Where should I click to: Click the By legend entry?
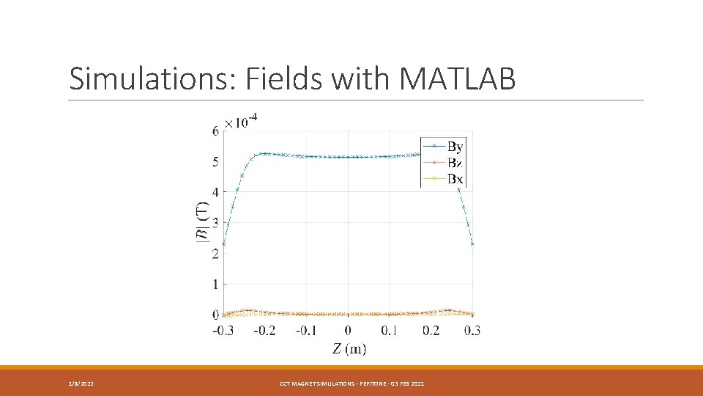pos(454,147)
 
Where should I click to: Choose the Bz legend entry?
pos(454,163)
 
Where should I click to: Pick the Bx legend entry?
pos(454,178)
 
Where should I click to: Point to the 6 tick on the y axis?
pos(215,131)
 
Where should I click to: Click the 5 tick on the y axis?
pos(215,162)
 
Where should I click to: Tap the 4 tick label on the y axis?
pos(215,192)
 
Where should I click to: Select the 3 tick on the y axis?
pos(215,223)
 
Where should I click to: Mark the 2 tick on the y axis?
pos(215,254)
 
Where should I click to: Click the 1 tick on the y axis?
pos(215,284)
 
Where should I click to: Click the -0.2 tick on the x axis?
pos(264,331)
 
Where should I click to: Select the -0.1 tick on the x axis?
pos(306,331)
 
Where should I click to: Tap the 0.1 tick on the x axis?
pos(390,331)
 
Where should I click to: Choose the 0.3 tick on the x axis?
pos(472,331)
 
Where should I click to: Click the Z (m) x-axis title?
pos(349,348)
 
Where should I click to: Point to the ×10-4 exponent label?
pos(241,121)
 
